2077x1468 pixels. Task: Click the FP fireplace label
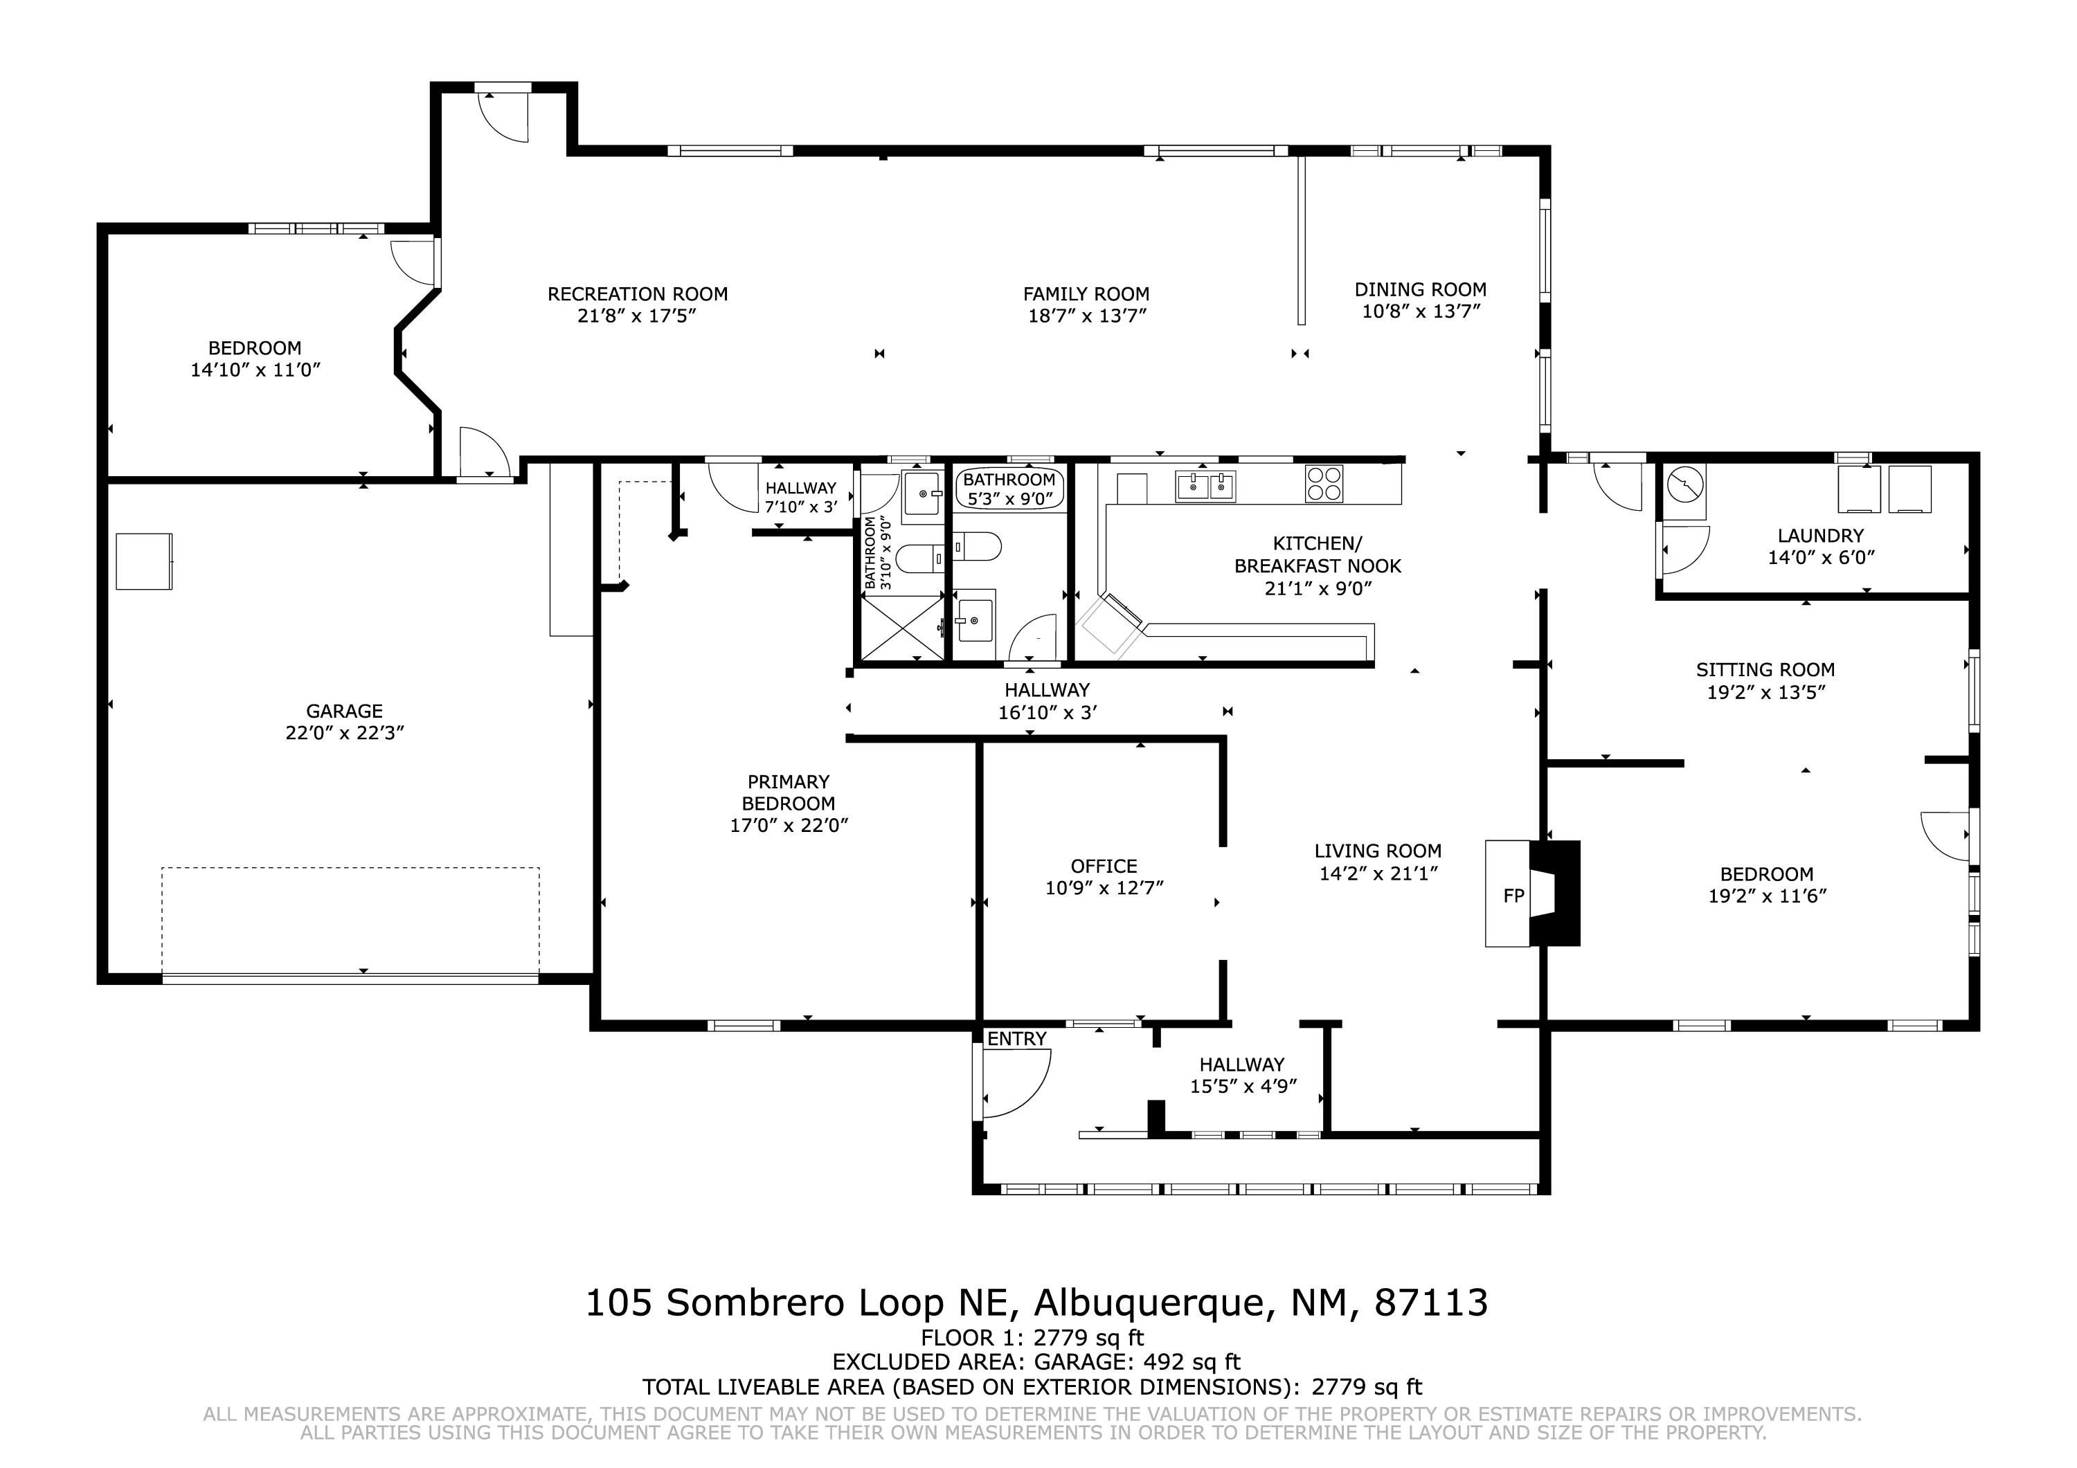click(x=1513, y=896)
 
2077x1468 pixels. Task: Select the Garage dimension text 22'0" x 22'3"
click(x=345, y=733)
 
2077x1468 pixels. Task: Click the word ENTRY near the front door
click(x=1017, y=1040)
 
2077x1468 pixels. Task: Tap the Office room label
click(x=1104, y=866)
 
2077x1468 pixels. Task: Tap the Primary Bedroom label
click(x=788, y=792)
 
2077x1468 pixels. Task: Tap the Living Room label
click(x=1377, y=851)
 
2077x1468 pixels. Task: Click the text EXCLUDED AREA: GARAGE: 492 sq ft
click(x=1036, y=1362)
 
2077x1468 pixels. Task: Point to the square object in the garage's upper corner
click(x=144, y=562)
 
